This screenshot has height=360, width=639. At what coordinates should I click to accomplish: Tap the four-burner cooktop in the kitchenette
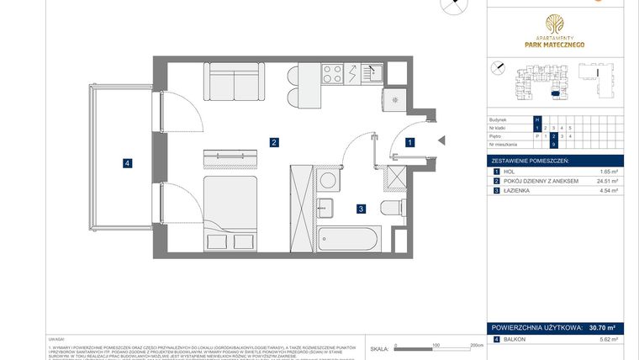click(x=332, y=74)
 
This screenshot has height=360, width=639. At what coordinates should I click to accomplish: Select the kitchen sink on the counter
click(x=372, y=74)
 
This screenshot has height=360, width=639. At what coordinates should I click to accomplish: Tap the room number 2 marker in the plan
click(x=274, y=142)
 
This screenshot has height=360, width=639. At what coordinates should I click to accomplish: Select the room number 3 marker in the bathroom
click(x=361, y=209)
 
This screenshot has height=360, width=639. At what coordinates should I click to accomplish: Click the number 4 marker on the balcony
click(x=127, y=163)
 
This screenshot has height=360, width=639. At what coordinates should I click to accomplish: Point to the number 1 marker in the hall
click(x=409, y=143)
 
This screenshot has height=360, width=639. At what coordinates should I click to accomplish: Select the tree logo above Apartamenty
click(x=555, y=25)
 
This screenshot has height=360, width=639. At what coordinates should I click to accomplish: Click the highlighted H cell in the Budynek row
click(x=537, y=120)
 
